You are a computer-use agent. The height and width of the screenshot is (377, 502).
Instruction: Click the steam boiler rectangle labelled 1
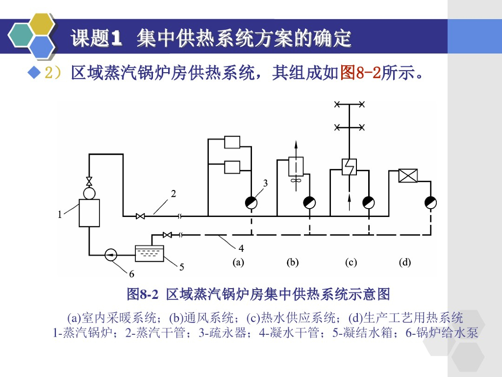89,213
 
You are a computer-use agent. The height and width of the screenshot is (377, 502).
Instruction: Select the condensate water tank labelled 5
150,253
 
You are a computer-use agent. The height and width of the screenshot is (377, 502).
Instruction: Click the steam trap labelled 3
251,202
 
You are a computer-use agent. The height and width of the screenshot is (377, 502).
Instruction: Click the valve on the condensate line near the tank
167,235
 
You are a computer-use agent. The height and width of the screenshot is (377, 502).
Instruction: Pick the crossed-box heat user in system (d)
408,176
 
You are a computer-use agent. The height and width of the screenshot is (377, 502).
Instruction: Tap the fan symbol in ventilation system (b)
296,181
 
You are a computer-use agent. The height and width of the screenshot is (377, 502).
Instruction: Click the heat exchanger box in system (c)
349,165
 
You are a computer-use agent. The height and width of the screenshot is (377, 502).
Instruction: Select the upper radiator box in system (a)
232,142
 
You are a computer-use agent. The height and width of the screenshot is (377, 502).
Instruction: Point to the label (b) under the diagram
293,262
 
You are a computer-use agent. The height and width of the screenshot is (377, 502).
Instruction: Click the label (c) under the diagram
351,262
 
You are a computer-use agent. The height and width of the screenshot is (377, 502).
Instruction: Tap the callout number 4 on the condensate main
241,249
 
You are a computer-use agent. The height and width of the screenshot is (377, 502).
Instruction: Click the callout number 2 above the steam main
173,193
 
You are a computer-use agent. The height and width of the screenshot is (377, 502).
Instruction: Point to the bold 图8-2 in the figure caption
143,295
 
